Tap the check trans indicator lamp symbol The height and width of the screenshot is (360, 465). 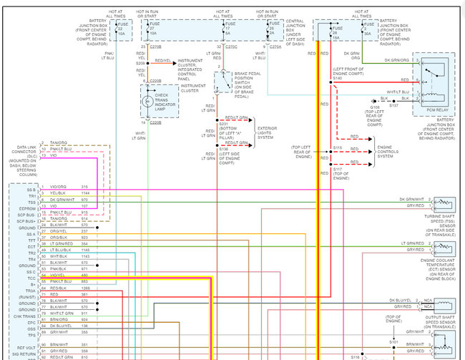point(146,102)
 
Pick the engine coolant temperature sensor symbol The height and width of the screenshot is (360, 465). point(441,247)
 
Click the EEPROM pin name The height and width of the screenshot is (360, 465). point(26,208)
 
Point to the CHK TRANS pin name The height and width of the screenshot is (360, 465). point(26,315)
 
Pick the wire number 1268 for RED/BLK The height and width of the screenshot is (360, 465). point(85,288)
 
